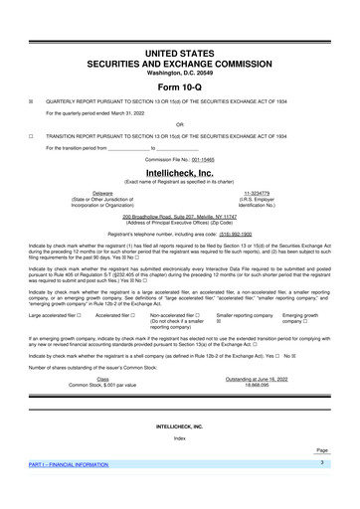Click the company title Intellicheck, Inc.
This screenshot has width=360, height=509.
click(180, 171)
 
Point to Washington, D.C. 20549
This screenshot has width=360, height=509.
click(180, 72)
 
